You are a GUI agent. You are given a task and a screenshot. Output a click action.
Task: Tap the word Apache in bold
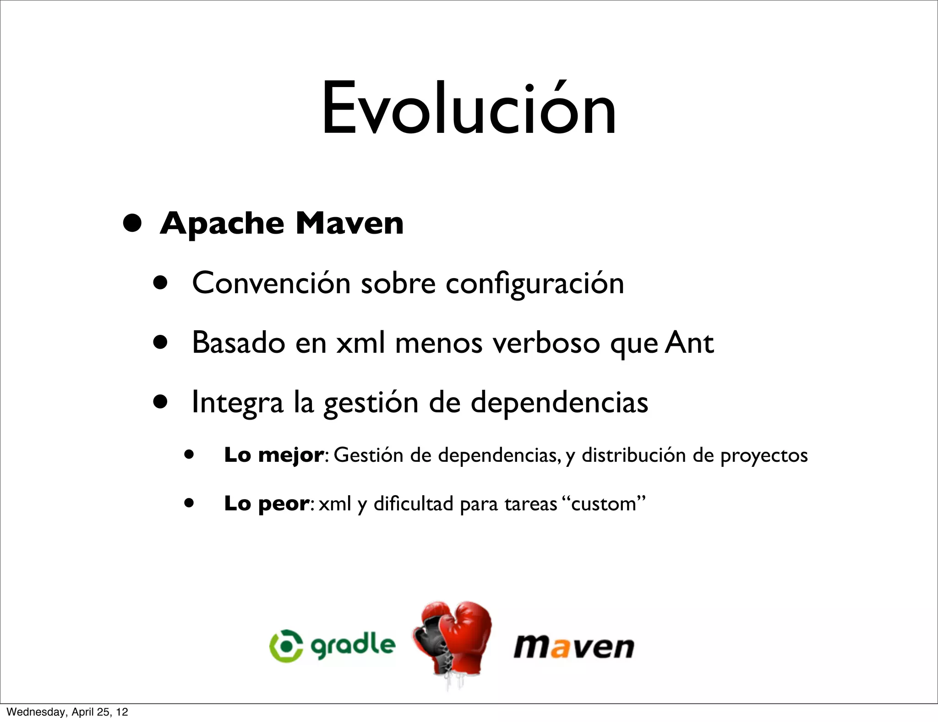click(x=222, y=224)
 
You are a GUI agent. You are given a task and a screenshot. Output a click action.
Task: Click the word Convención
click(x=271, y=283)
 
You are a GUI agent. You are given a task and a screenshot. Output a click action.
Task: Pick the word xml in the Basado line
click(x=360, y=343)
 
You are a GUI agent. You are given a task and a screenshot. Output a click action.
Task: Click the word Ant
click(x=689, y=343)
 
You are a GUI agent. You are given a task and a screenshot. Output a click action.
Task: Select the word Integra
click(x=237, y=402)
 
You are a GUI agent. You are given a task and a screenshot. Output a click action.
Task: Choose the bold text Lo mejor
click(x=274, y=455)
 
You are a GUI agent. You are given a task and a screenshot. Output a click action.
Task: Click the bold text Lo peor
click(x=267, y=503)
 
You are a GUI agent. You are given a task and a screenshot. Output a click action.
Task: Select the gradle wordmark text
click(x=353, y=645)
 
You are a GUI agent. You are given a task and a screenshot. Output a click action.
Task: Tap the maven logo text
click(x=573, y=647)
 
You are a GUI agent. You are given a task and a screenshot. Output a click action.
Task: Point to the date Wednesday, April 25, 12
click(x=68, y=712)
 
